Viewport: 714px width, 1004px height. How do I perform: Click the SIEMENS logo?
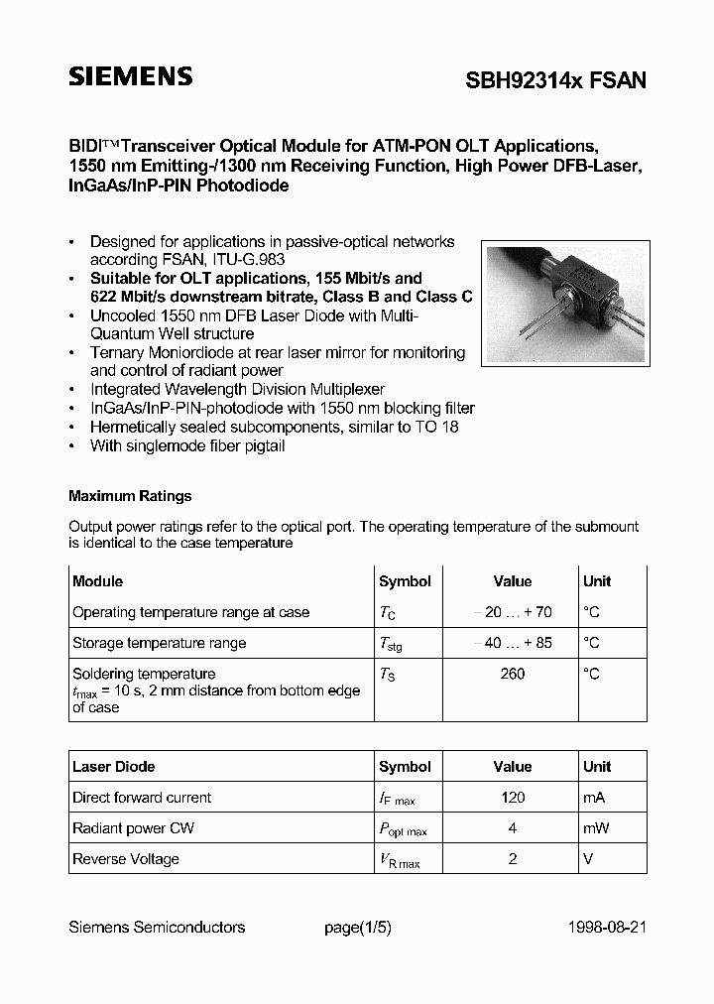click(x=130, y=77)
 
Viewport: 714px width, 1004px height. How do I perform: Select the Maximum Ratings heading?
click(x=130, y=496)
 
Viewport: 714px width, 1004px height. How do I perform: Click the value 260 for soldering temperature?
click(x=513, y=674)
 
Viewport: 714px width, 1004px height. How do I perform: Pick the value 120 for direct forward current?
click(x=513, y=797)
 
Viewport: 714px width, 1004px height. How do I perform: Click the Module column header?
click(x=98, y=581)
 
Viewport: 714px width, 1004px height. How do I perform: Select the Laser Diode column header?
click(x=114, y=766)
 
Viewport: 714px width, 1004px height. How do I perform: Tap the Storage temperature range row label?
click(x=159, y=643)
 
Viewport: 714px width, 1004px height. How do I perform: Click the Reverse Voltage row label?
click(x=126, y=858)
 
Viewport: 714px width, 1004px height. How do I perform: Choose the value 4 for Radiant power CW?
click(x=513, y=827)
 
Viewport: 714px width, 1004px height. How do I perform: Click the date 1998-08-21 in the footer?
click(x=608, y=928)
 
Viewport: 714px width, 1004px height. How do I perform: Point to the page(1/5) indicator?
click(x=358, y=928)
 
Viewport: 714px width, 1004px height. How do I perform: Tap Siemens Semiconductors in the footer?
click(x=157, y=928)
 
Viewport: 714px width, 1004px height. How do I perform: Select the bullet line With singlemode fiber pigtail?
click(x=187, y=445)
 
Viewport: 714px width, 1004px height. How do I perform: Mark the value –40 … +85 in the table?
click(x=513, y=643)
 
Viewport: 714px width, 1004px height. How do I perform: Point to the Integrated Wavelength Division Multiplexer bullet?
click(x=237, y=389)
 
